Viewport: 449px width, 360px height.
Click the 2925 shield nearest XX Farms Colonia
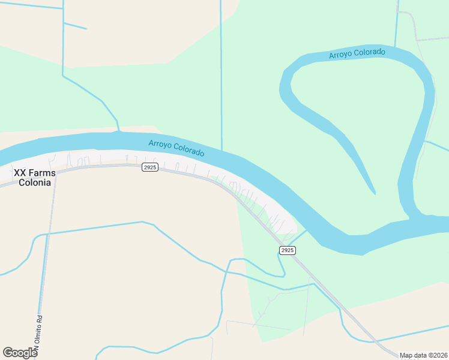tap(150, 167)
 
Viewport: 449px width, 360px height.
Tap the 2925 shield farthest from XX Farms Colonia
tap(288, 250)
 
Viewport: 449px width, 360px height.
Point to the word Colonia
tap(35, 183)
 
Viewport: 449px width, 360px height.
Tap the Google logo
tap(20, 353)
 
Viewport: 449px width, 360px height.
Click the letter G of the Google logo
tap(8, 352)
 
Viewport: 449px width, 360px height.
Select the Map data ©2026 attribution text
tap(423, 355)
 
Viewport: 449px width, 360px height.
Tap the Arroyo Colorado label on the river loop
tap(357, 53)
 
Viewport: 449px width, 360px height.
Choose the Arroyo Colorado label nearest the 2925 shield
tap(176, 148)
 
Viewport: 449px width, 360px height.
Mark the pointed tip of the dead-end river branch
tap(375, 193)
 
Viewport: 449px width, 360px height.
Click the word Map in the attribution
tap(406, 355)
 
